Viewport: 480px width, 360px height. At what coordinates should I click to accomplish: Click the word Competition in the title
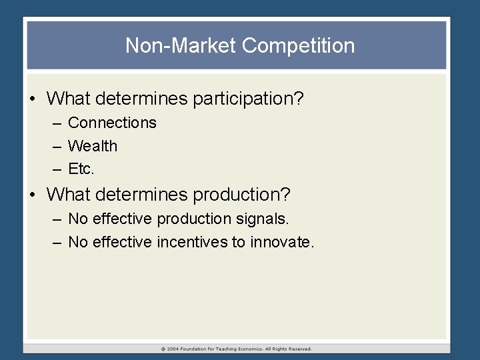tap(298, 46)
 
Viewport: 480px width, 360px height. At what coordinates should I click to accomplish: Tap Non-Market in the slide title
tap(181, 46)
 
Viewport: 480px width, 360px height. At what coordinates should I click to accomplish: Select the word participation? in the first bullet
tap(248, 99)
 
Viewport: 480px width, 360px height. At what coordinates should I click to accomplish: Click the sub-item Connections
tap(112, 123)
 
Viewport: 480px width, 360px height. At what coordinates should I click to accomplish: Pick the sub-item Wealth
tap(93, 146)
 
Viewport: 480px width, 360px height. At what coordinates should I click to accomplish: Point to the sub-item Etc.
tap(81, 169)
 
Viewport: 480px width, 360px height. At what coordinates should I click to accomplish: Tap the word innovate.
tap(281, 242)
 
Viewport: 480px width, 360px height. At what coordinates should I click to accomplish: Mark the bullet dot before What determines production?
tap(33, 195)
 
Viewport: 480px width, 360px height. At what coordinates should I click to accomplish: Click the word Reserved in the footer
tap(299, 349)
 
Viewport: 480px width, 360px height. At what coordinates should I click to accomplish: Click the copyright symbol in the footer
tap(163, 349)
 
